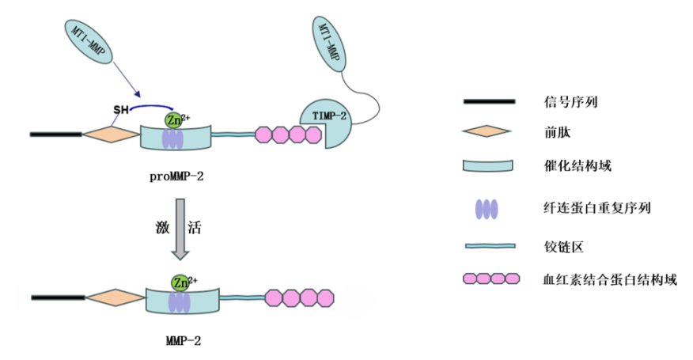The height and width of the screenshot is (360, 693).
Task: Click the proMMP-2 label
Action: [x=175, y=176]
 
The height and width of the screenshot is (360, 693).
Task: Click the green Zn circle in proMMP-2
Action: [x=174, y=119]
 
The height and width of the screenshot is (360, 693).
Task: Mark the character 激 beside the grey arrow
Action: [x=161, y=229]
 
